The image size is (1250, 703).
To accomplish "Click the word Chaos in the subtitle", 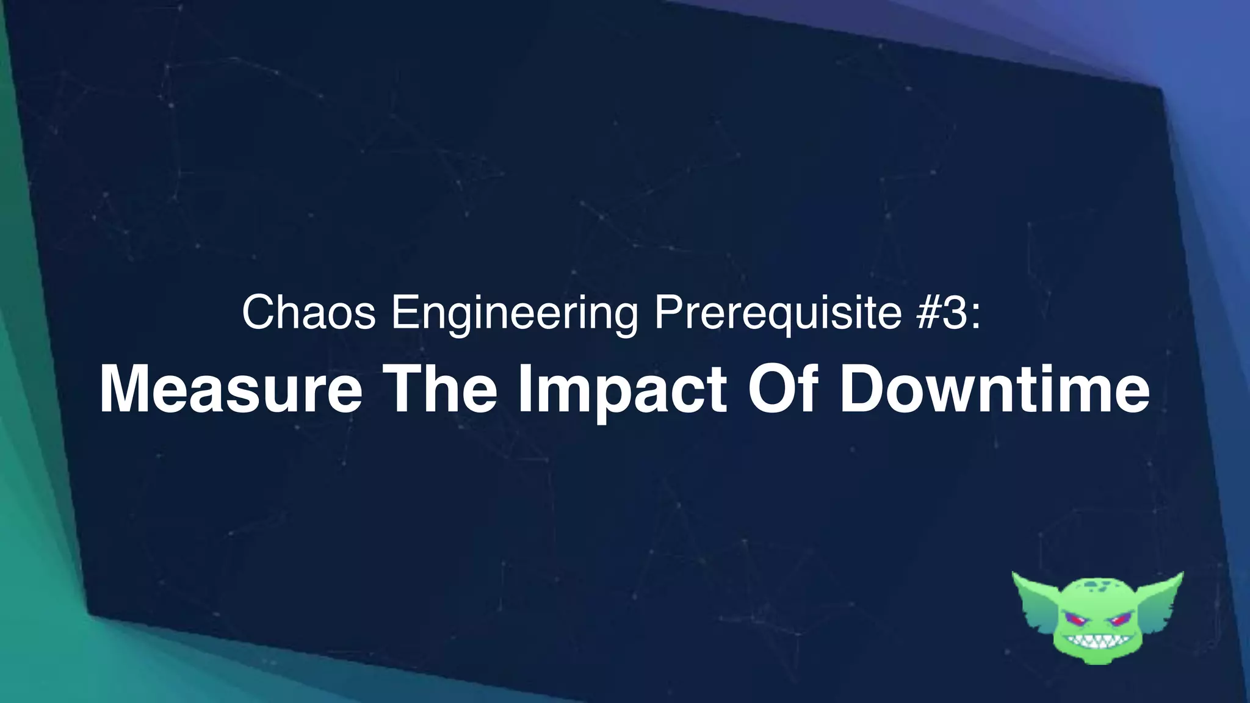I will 308,312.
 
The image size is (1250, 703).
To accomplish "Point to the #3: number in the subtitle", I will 948,312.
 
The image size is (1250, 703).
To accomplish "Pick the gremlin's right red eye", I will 1119,621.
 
